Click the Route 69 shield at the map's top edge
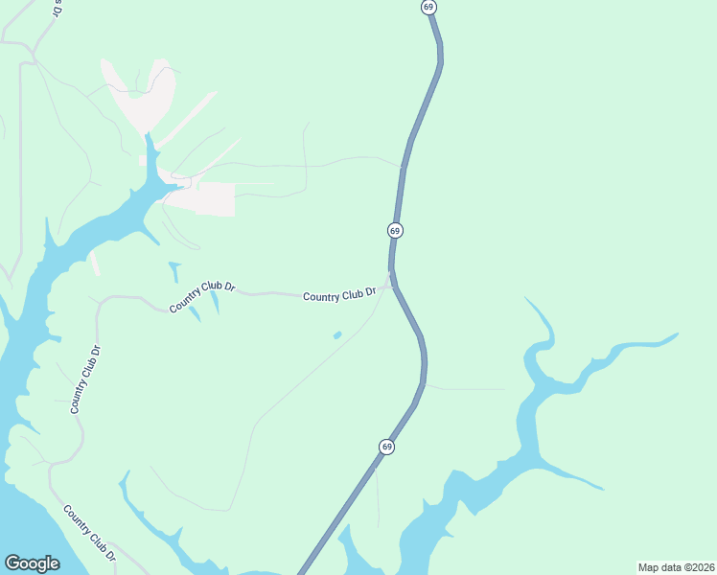click(x=428, y=7)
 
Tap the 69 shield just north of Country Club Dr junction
click(x=395, y=231)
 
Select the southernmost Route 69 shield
click(x=386, y=447)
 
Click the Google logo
click(x=32, y=563)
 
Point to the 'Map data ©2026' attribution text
click(x=676, y=567)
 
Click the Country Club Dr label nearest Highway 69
click(x=338, y=296)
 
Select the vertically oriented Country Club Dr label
click(x=85, y=379)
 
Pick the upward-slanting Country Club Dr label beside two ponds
click(x=202, y=296)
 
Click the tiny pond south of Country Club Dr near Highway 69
click(x=337, y=335)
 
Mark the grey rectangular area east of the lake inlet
click(x=215, y=198)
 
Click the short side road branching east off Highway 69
click(x=465, y=388)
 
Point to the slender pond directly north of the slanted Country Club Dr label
click(x=174, y=271)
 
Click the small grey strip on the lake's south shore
click(x=95, y=264)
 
